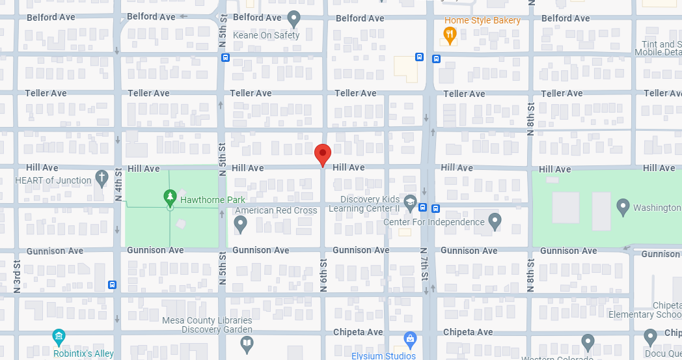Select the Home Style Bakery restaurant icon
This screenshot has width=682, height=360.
[x=449, y=34]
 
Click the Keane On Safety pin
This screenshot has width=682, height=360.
[x=294, y=18]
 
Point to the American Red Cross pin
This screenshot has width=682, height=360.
[x=240, y=224]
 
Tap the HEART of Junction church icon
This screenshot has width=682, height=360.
[x=102, y=176]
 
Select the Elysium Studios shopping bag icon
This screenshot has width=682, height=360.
[x=410, y=339]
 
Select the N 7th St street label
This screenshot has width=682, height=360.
[x=424, y=264]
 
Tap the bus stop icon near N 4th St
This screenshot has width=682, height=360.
[x=113, y=284]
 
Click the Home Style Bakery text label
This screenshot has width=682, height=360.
[x=482, y=20]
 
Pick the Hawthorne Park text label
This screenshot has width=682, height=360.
[x=213, y=200]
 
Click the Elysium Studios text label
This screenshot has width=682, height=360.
[x=383, y=355]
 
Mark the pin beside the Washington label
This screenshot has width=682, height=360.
[x=623, y=207]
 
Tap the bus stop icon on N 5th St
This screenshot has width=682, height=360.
[x=225, y=57]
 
